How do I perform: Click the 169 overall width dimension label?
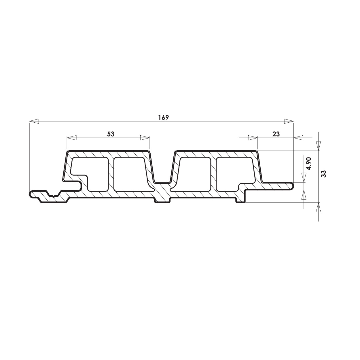tap(164, 118)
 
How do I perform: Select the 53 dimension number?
tap(111, 134)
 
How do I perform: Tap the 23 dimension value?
tap(276, 134)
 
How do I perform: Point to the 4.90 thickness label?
tap(309, 164)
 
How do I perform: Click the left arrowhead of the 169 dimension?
tap(34, 121)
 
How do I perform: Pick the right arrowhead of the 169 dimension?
tap(289, 121)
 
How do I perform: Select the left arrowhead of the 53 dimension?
tap(72, 138)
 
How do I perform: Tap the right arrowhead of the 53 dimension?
tap(145, 138)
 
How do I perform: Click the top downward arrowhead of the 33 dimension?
tap(318, 146)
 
